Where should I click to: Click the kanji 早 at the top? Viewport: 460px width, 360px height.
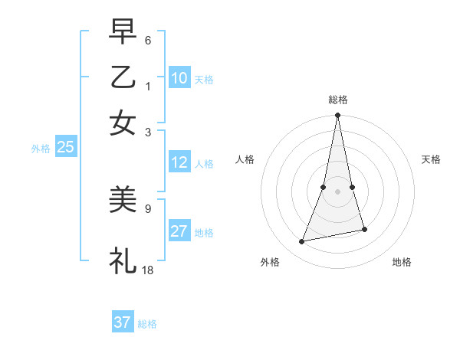(x=123, y=34)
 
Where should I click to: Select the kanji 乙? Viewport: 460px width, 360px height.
(x=123, y=78)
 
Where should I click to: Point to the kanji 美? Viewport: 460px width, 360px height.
(x=123, y=201)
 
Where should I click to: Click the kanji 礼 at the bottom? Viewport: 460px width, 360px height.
(x=123, y=260)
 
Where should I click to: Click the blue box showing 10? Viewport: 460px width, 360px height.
(x=179, y=78)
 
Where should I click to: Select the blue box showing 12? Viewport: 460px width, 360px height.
(x=179, y=162)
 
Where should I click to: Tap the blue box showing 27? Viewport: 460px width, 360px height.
(x=179, y=231)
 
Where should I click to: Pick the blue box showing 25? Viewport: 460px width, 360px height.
(x=65, y=147)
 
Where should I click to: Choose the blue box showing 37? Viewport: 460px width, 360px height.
(x=123, y=322)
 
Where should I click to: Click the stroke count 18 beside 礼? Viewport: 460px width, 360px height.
(x=148, y=270)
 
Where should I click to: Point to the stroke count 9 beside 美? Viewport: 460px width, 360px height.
(x=148, y=207)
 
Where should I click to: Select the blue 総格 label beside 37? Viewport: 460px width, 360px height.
(x=147, y=323)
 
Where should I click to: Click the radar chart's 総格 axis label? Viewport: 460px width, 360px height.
(x=337, y=100)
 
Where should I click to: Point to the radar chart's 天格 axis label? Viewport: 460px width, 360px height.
(x=431, y=159)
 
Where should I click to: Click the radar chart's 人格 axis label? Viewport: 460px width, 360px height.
(x=245, y=159)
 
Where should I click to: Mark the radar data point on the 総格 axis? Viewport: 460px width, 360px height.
(x=337, y=116)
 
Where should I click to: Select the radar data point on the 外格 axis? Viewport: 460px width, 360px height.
(x=302, y=242)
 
